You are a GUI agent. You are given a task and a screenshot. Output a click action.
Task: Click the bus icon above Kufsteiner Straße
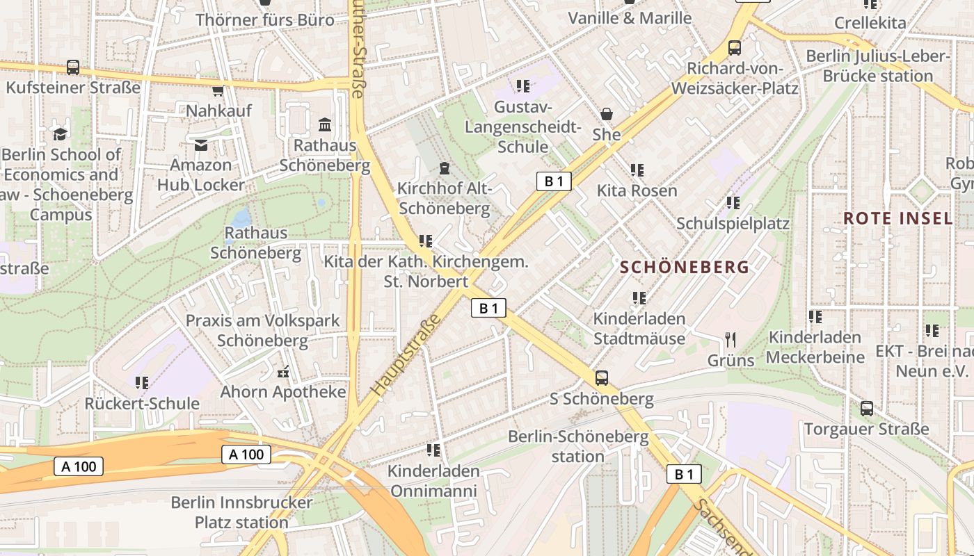pos(73,67)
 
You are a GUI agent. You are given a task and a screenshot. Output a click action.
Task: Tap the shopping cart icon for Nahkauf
pos(218,90)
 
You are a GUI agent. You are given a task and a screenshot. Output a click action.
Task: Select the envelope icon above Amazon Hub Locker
pos(201,145)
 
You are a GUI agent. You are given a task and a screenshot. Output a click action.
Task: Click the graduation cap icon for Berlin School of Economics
pos(61,133)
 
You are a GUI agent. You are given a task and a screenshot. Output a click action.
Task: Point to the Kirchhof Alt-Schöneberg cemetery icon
pos(443,168)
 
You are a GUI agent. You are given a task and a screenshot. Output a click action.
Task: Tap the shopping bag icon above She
pos(607,114)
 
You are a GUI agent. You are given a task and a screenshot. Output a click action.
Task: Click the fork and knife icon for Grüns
pos(730,340)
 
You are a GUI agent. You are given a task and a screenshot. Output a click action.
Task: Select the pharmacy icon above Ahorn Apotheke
pos(283,372)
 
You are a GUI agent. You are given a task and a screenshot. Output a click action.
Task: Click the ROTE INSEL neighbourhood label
pos(897,218)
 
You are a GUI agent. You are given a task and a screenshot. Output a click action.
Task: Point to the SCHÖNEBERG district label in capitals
pos(685,267)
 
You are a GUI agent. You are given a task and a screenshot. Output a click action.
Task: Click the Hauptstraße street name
pos(407,354)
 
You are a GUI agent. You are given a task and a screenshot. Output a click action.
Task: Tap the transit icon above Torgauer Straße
pos(866,409)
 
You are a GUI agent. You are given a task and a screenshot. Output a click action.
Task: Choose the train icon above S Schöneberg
pos(602,379)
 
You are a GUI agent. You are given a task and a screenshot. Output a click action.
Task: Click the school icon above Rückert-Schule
pos(142,383)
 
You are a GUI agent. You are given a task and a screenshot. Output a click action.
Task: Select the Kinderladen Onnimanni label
pos(433,481)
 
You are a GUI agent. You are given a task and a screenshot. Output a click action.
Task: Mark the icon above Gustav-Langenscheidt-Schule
pos(523,86)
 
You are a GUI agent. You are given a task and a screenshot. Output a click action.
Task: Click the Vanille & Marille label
pos(630,18)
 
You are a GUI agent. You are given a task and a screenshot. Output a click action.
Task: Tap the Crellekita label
pos(870,23)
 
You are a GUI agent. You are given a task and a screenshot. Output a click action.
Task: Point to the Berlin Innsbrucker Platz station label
pos(241,512)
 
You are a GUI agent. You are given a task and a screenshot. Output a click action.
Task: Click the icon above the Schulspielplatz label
pos(733,203)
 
